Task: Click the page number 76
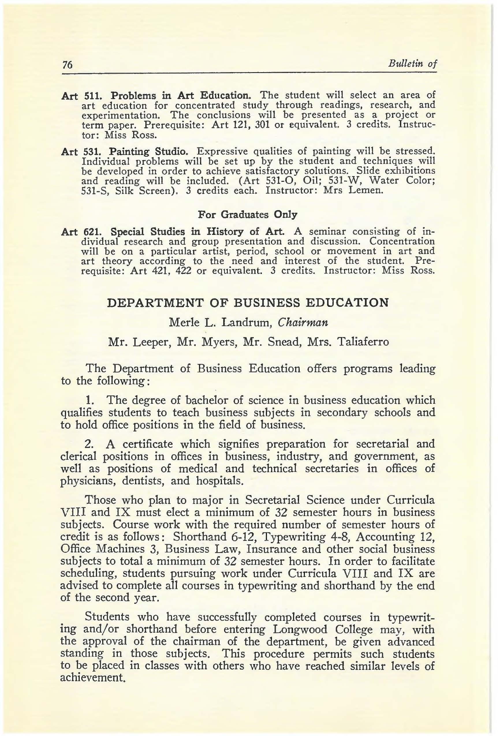coord(68,65)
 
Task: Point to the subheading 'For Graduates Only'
coord(247,214)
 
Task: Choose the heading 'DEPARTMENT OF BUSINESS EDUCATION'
coord(248,303)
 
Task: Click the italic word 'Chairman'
coord(303,322)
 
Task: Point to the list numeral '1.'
coord(90,401)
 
